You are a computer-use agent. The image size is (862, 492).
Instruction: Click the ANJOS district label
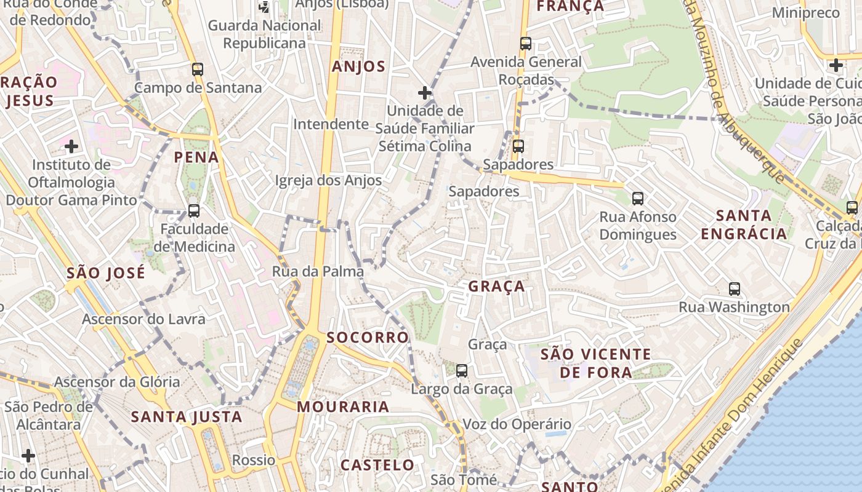tap(358, 67)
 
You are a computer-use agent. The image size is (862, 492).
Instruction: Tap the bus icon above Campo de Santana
tap(198, 69)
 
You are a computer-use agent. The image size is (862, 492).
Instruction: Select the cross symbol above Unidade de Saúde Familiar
tap(425, 93)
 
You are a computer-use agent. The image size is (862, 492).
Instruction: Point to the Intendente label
tap(331, 124)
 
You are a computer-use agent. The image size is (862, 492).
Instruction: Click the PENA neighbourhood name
tap(196, 157)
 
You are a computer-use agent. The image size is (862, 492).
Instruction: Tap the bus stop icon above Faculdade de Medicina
tap(194, 211)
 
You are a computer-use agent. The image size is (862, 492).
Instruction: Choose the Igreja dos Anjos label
tap(328, 181)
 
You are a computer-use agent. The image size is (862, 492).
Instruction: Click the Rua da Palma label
tap(318, 271)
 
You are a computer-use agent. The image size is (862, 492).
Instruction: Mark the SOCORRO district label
tap(368, 337)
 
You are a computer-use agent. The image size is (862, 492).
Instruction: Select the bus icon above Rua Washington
tap(735, 289)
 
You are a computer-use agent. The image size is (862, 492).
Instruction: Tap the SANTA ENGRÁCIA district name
tap(744, 224)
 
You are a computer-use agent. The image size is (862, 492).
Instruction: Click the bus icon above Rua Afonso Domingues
tap(638, 199)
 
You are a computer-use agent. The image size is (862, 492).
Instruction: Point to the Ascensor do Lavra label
tap(143, 319)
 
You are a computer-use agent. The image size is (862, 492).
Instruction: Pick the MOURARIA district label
tap(343, 407)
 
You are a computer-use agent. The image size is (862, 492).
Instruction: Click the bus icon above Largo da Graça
tap(462, 371)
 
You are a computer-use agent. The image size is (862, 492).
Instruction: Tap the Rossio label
tap(254, 460)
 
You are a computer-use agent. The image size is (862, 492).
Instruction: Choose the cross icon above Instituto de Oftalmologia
tap(71, 146)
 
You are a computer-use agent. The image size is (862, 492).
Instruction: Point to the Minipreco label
tap(805, 13)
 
